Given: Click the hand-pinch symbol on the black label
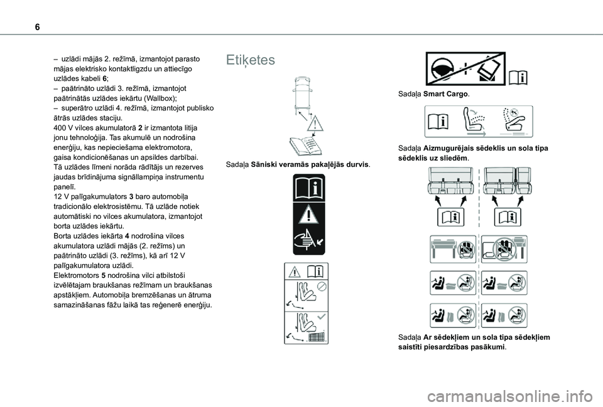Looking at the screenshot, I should [x=305, y=241].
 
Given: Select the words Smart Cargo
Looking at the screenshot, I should [x=445, y=93].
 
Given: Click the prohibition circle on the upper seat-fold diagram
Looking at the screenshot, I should [x=321, y=285].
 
